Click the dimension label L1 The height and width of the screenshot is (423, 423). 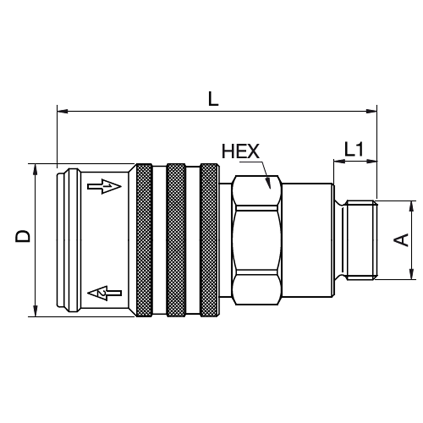(x=354, y=150)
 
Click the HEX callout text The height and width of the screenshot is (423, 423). (x=241, y=151)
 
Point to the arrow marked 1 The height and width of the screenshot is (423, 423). (x=104, y=186)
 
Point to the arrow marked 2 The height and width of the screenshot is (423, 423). (x=104, y=293)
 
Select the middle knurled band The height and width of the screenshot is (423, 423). (x=176, y=240)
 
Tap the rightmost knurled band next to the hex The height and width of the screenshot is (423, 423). (x=209, y=240)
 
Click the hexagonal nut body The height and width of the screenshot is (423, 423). (x=256, y=239)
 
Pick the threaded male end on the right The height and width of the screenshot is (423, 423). (x=360, y=239)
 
